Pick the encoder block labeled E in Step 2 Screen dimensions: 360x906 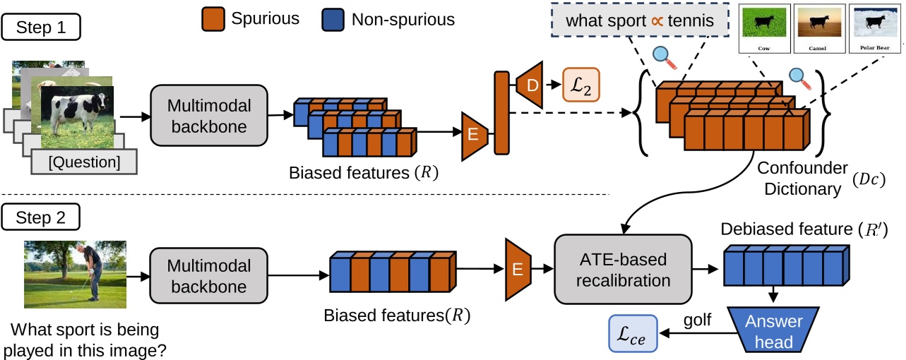518,269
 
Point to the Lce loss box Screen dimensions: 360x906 633,333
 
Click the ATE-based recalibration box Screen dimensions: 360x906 623,270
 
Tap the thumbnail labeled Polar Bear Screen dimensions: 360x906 874,29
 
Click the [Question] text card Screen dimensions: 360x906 83,162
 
